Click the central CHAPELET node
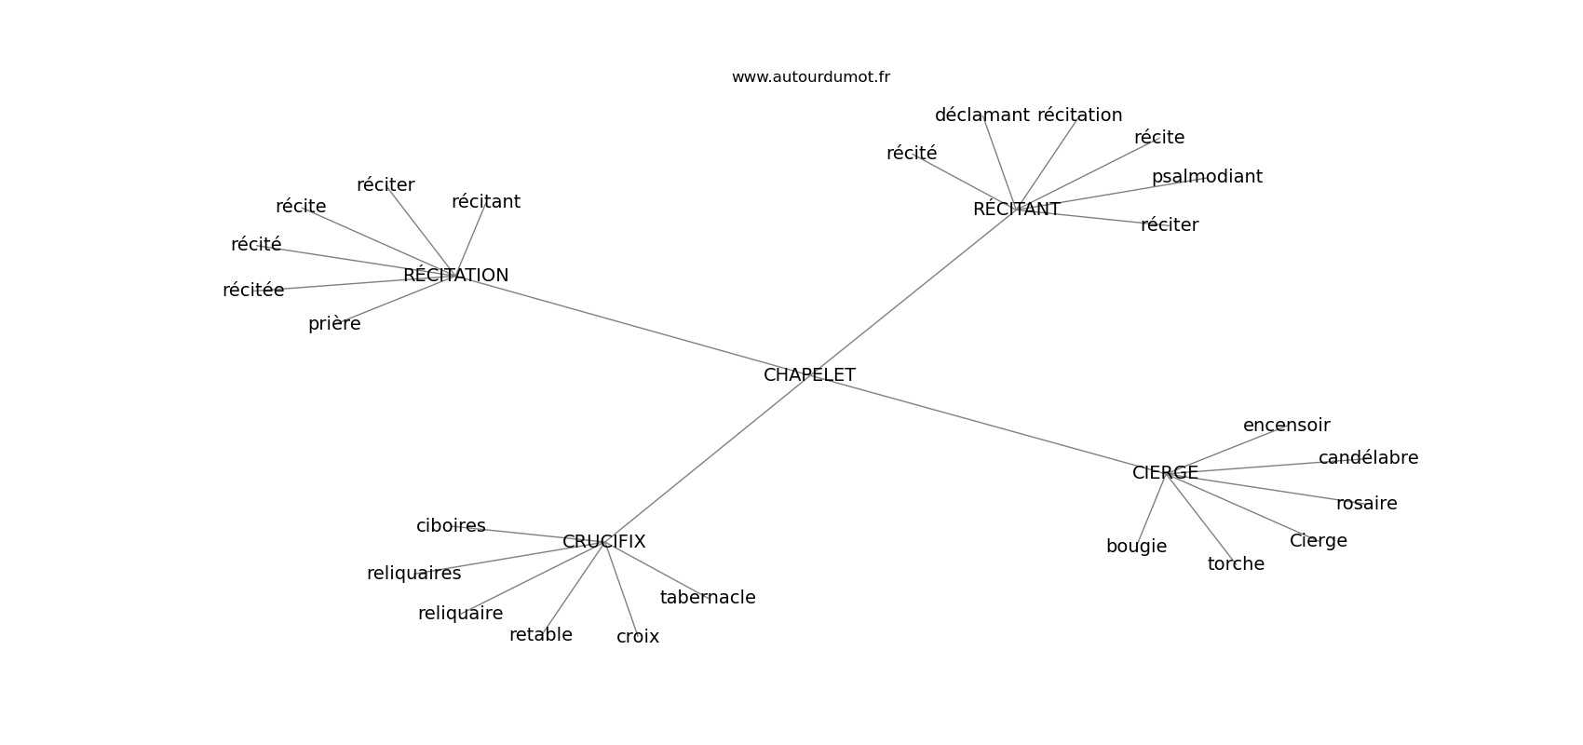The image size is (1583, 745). pos(809,375)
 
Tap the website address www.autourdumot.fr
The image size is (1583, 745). pos(810,77)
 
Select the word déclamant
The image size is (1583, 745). pos(981,115)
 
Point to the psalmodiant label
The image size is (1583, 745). pos(1207,177)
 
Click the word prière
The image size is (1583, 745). pos(334,324)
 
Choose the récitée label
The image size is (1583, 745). pos(253,291)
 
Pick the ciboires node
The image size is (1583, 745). pos(451,526)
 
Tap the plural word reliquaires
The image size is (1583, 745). pos(413,574)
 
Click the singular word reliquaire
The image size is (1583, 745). pos(460,614)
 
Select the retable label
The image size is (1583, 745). pos(540,635)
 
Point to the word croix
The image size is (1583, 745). pos(638,637)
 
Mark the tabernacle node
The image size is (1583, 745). pos(708,598)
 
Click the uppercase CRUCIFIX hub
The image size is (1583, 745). pos(603,542)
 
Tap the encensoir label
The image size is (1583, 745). pos(1286,426)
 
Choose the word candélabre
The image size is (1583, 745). pos(1368,458)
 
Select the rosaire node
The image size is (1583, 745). pos(1366,504)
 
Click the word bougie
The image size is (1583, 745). pos(1136,547)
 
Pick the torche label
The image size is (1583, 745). pos(1236,564)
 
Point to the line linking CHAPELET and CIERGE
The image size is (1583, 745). pos(987,424)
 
